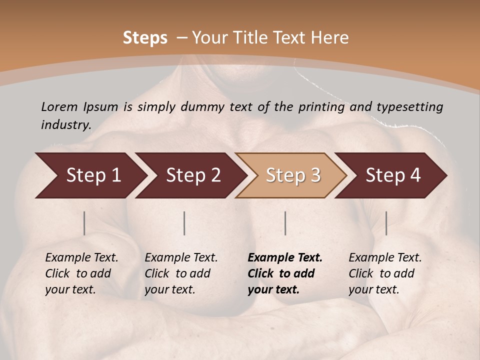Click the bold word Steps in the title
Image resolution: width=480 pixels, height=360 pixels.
click(145, 38)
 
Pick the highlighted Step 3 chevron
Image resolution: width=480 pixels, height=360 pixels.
click(293, 175)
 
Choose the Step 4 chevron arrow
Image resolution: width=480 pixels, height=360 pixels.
click(393, 175)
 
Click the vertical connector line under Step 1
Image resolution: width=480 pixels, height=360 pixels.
click(84, 223)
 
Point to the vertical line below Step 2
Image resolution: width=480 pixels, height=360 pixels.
click(184, 223)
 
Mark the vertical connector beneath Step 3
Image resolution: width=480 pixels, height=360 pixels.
click(285, 223)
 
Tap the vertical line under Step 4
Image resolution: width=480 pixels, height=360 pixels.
click(386, 223)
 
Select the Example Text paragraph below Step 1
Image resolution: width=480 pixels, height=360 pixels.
click(81, 273)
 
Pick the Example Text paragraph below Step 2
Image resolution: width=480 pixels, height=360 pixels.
click(181, 273)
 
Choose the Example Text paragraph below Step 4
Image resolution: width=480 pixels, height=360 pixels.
click(385, 273)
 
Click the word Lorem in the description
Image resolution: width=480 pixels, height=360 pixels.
click(59, 107)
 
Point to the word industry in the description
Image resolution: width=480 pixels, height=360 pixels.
click(66, 125)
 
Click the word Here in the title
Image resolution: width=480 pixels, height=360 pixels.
click(329, 38)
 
